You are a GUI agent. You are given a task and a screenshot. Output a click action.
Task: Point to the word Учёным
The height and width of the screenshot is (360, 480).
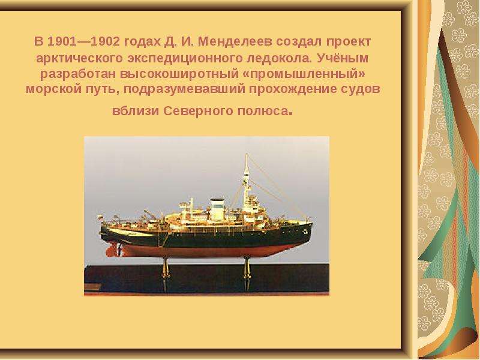pyautogui.click(x=343, y=58)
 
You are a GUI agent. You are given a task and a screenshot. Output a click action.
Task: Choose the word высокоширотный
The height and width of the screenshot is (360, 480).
pyautogui.click(x=183, y=74)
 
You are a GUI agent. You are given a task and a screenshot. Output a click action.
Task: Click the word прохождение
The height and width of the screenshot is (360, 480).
pyautogui.click(x=292, y=89)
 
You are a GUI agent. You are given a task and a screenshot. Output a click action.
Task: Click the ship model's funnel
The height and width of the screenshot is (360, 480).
pyautogui.click(x=217, y=209)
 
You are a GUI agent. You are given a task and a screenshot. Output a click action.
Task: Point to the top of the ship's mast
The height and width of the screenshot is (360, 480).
pyautogui.click(x=247, y=154)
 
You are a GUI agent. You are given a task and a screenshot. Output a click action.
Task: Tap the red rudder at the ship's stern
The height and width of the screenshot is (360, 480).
pyautogui.click(x=112, y=250)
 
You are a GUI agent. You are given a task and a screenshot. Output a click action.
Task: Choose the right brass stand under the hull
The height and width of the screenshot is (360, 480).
pyautogui.click(x=247, y=267)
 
